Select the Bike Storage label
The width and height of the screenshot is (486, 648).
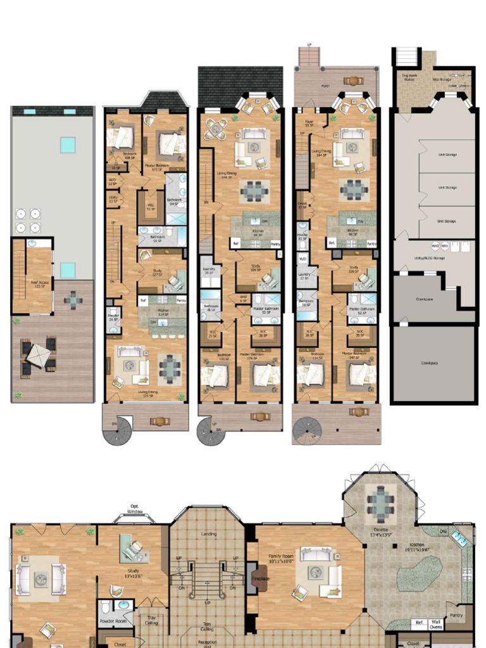pos(442,79)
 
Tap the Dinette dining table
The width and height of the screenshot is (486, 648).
pos(381,503)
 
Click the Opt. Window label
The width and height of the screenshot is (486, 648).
pos(135,509)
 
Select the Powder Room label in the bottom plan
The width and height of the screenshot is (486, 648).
pos(114,621)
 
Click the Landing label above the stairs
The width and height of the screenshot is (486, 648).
pos(208,533)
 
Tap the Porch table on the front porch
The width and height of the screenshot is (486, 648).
pos(352,81)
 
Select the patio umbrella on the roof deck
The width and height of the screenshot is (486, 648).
pos(38,356)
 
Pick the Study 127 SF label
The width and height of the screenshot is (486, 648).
pos(156,273)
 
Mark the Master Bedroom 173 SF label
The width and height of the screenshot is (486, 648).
pos(156,166)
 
